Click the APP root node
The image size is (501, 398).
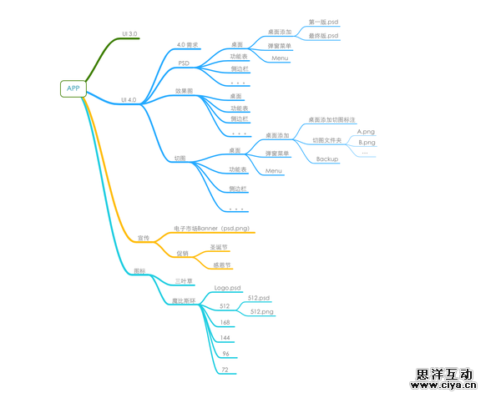click(73, 88)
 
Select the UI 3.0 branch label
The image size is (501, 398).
click(129, 33)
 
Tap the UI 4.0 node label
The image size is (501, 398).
click(129, 99)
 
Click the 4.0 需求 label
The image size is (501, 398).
click(187, 44)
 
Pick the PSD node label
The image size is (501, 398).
click(184, 63)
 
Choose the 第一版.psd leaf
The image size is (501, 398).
click(323, 22)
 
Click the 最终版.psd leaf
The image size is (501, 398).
click(323, 36)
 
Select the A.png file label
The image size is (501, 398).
click(366, 131)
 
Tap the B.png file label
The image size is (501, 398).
click(366, 143)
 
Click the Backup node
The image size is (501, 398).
click(326, 159)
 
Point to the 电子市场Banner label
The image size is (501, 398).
click(213, 228)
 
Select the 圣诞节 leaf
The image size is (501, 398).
click(219, 247)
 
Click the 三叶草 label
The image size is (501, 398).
click(184, 281)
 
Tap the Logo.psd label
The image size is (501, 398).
click(227, 288)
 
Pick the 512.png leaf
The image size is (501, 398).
click(261, 311)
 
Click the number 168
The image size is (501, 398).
click(225, 322)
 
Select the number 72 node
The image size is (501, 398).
click(225, 369)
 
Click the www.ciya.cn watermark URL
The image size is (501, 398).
click(443, 386)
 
